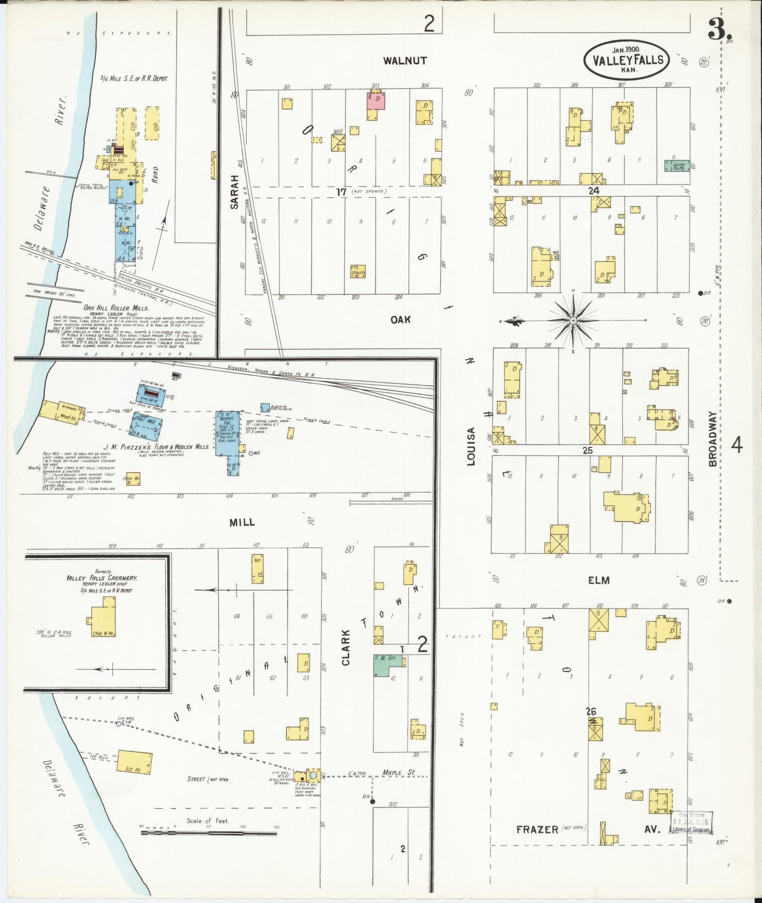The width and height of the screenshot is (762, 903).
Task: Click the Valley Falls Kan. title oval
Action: [x=627, y=60]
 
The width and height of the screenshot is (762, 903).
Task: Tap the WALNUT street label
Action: [x=405, y=61]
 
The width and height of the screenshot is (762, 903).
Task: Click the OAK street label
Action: [x=401, y=320]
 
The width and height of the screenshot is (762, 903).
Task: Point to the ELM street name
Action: [x=599, y=580]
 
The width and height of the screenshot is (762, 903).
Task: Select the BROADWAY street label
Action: [x=713, y=439]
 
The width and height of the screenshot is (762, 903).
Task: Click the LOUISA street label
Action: [x=471, y=446]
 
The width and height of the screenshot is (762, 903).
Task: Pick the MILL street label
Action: [x=242, y=522]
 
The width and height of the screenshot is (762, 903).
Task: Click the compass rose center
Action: [x=573, y=320]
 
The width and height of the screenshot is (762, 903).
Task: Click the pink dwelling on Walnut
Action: [x=376, y=100]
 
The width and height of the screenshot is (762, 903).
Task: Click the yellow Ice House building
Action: [x=134, y=763]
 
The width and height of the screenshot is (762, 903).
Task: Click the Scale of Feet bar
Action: [x=208, y=833]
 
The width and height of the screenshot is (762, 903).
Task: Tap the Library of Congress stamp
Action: [x=691, y=822]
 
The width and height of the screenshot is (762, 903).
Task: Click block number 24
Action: [x=594, y=191]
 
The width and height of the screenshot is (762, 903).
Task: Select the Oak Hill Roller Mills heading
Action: [x=116, y=308]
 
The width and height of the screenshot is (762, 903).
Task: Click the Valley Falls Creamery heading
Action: [x=102, y=578]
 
